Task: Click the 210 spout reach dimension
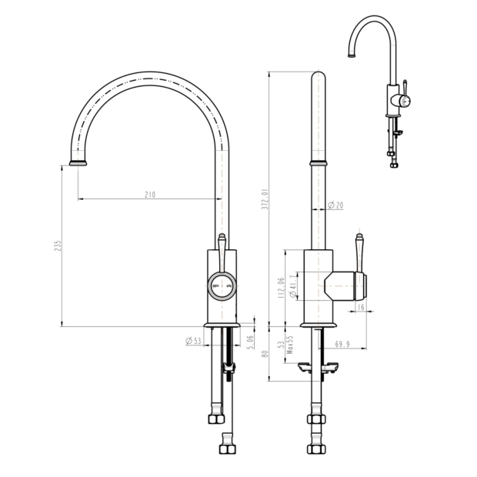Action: pyautogui.click(x=150, y=195)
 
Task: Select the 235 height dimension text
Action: pyautogui.click(x=58, y=245)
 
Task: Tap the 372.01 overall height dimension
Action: pyautogui.click(x=265, y=199)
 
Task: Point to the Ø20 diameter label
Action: pyautogui.click(x=335, y=205)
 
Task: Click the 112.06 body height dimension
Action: pyautogui.click(x=281, y=288)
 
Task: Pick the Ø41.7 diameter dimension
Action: pyautogui.click(x=292, y=286)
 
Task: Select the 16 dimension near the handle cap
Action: pyautogui.click(x=361, y=307)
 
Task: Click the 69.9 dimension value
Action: pyautogui.click(x=342, y=344)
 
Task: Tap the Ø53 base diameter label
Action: pyautogui.click(x=193, y=341)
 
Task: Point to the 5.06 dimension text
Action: pyautogui.click(x=250, y=342)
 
